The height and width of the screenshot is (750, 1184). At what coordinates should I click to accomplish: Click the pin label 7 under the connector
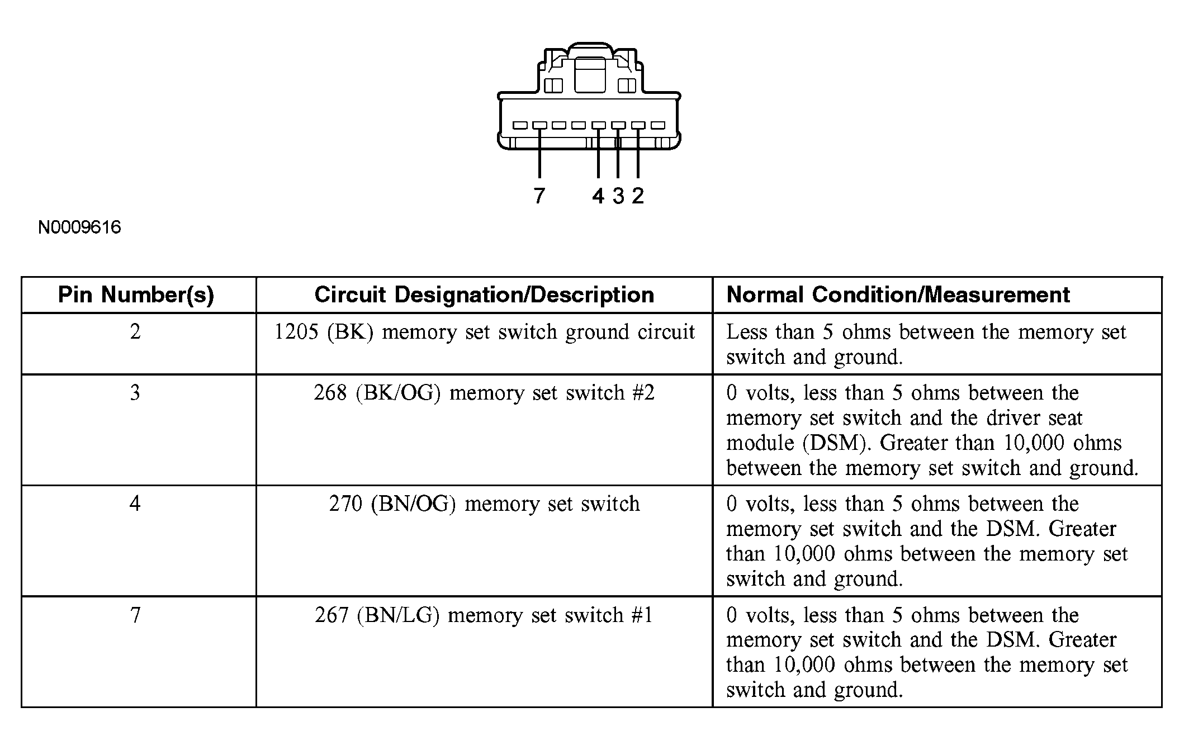pos(539,196)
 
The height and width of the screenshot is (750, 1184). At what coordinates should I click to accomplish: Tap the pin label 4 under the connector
pos(598,196)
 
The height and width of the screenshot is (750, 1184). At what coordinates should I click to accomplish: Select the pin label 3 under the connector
pos(618,196)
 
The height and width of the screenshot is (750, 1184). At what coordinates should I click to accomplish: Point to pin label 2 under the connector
pos(638,196)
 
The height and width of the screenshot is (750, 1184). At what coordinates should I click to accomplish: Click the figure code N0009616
pos(79,227)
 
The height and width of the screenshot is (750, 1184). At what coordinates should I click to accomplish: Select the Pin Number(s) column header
pos(136,295)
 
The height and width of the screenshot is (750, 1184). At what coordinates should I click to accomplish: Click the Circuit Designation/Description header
pos(484,295)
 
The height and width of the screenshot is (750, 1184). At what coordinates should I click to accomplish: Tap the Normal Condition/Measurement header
pos(898,295)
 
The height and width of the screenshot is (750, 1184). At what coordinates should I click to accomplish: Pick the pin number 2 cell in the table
pos(135,332)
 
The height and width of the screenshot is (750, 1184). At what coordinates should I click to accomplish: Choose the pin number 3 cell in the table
pos(135,393)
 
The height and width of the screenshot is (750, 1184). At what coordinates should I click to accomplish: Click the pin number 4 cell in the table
pos(135,504)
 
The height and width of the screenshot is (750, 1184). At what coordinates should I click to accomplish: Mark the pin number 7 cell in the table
pos(135,615)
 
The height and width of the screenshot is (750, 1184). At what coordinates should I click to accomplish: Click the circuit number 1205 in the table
pos(296,332)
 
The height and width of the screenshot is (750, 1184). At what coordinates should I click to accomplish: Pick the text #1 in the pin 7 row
pos(642,615)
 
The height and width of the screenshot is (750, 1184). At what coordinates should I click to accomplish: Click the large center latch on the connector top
pos(589,75)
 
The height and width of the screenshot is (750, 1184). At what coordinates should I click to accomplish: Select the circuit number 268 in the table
pos(330,393)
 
